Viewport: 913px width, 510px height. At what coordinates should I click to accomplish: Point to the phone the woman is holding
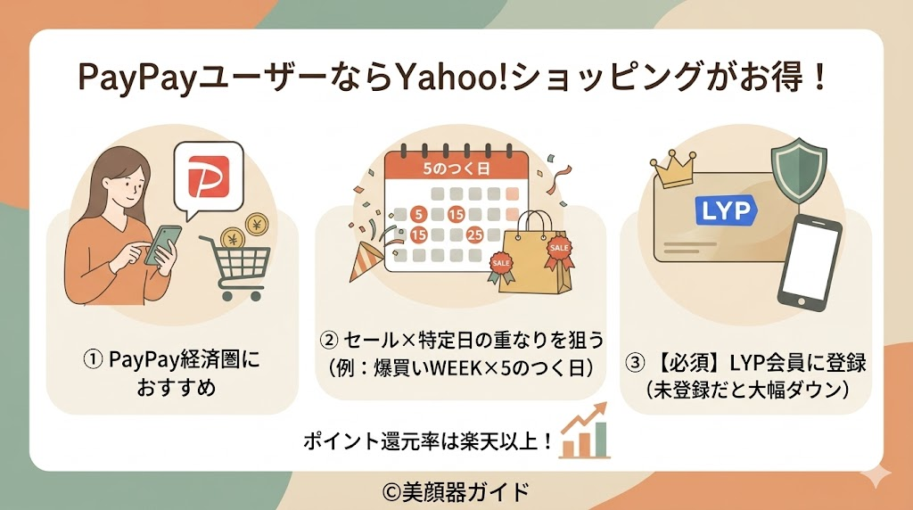pyautogui.click(x=163, y=243)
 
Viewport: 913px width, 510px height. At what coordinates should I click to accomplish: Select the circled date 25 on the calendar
pyautogui.click(x=473, y=234)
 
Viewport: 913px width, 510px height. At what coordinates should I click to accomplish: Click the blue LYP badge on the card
pyautogui.click(x=724, y=210)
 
